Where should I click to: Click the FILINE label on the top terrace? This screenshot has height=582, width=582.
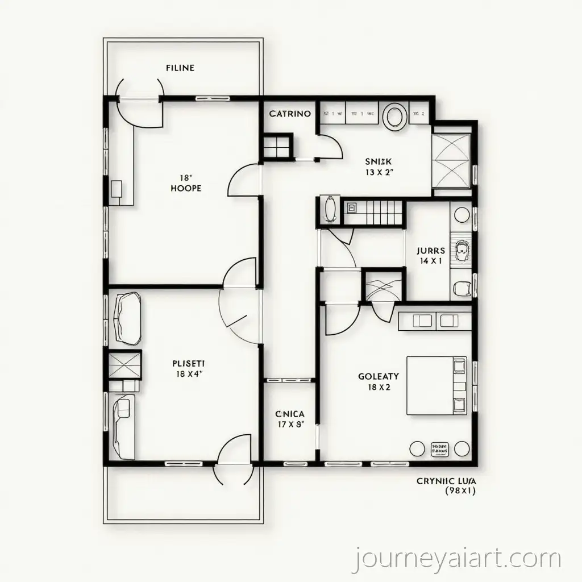pos(180,68)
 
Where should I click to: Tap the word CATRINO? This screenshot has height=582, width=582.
pos(290,114)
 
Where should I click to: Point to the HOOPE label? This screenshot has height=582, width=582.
pos(185,188)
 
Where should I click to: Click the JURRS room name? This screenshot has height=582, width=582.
pos(431,251)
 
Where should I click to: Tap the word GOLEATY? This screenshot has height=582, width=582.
pos(379,376)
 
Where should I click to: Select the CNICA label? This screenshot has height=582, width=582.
pos(289,414)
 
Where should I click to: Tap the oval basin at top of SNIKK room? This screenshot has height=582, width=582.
pos(394,116)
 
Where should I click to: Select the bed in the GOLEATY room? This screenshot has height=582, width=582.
pos(436,385)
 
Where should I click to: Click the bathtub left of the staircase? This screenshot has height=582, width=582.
pos(330,210)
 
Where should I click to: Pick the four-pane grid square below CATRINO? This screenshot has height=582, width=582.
pos(277,147)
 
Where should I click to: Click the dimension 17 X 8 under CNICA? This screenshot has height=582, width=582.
pos(289,425)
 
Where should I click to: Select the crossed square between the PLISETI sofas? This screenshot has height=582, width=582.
pos(124,364)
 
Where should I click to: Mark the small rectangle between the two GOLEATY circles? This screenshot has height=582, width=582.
pos(440,448)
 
